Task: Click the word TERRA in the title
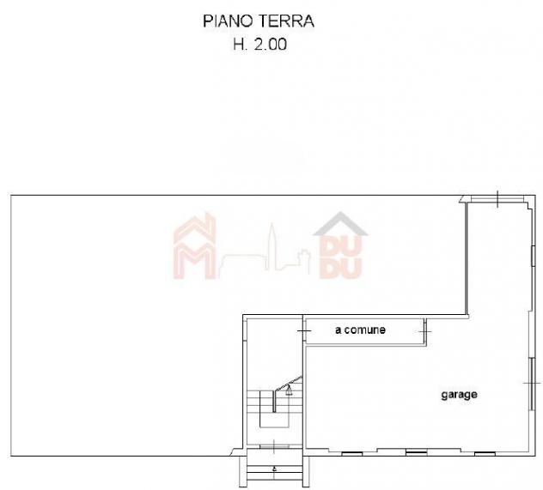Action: click(290, 21)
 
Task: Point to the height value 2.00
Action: click(271, 45)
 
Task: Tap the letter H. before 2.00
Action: click(241, 45)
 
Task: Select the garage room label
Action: click(459, 395)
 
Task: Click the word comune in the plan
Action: click(365, 330)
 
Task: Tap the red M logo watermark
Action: click(194, 246)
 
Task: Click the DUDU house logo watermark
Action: click(340, 245)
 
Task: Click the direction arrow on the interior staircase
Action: click(289, 390)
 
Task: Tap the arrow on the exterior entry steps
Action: click(275, 469)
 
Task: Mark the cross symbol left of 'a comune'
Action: click(304, 331)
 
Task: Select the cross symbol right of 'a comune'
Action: click(425, 331)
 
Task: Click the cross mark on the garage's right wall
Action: click(532, 383)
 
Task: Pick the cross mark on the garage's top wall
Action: click(497, 199)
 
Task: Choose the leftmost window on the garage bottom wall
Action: click(352, 454)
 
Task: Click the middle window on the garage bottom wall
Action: click(416, 453)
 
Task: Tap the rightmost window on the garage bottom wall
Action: click(485, 453)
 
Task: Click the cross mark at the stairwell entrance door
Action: click(274, 446)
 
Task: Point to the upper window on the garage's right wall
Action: click(533, 256)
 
